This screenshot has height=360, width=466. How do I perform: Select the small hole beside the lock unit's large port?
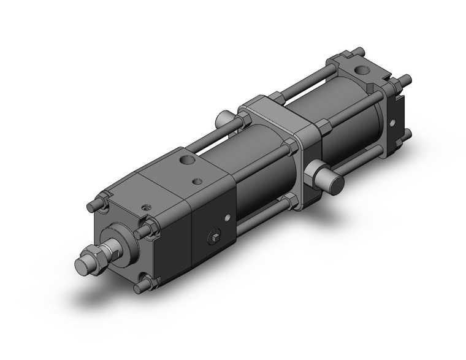(197, 180)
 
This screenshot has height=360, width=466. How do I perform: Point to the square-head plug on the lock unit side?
(216, 237)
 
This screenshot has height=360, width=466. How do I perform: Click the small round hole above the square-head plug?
(227, 216)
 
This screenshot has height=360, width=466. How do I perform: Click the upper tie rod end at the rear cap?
(405, 79)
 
